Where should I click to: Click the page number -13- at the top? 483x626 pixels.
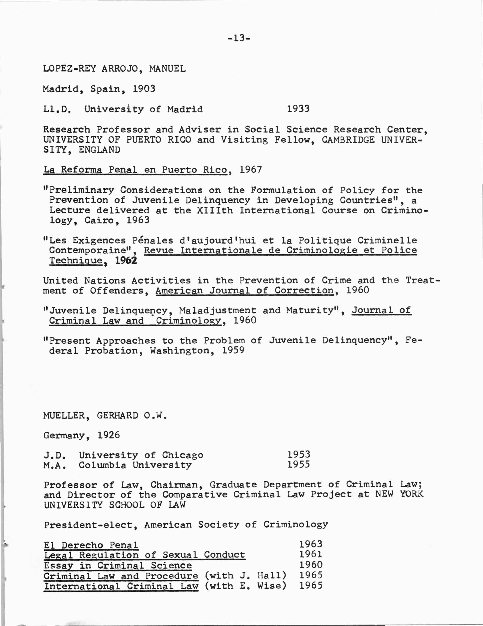[239, 38]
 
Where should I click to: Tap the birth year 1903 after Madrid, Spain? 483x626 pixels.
[144, 89]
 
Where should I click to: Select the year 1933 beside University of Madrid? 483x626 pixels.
[298, 109]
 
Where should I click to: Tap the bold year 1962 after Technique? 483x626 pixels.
[126, 260]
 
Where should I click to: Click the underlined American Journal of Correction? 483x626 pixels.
[244, 291]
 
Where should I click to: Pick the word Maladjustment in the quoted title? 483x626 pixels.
[218, 310]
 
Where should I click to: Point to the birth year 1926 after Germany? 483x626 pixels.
[109, 435]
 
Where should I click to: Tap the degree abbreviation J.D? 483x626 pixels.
[55, 455]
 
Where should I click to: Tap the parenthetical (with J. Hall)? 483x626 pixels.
[246, 576]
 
